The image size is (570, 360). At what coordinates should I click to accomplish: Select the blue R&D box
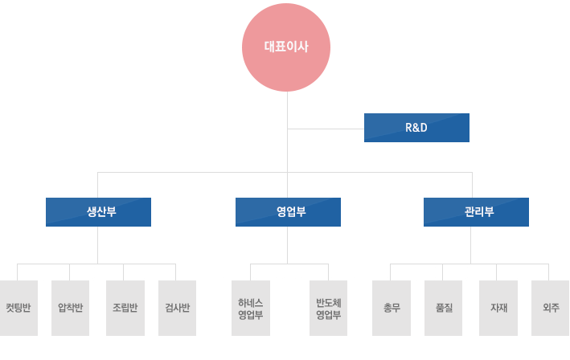point(416,128)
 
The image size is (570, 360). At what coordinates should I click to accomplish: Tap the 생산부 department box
point(98,212)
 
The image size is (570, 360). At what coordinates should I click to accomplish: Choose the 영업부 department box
point(288,212)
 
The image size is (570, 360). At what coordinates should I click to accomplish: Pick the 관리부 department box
point(476,212)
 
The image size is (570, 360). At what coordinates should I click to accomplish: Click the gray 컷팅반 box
point(18,308)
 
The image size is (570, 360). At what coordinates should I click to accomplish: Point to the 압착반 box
point(71,308)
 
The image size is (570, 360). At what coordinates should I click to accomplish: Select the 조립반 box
point(125,308)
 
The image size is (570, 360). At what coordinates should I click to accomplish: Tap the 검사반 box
point(177,308)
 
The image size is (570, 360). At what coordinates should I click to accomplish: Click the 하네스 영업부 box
point(250,308)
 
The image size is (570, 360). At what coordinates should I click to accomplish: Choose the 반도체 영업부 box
point(329,308)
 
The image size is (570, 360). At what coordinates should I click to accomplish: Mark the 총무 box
point(392,308)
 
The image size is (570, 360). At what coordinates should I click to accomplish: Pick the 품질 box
point(444,308)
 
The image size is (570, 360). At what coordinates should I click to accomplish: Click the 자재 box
point(498,308)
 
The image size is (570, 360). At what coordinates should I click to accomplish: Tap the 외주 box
point(551,308)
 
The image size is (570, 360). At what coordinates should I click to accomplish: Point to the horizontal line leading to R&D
point(326,128)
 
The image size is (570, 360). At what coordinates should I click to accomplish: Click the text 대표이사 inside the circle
point(286,47)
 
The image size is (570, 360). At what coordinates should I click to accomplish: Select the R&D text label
point(416,128)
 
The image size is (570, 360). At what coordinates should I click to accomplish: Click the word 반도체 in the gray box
point(329,302)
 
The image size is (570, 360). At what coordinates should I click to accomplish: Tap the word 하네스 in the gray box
point(250,302)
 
